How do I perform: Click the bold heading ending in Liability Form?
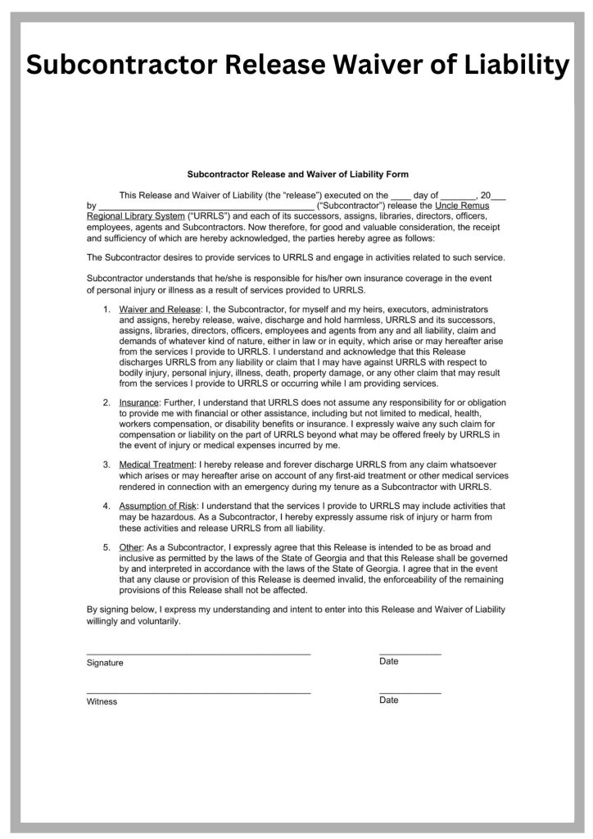pos(297,175)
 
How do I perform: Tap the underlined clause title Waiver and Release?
pos(160,310)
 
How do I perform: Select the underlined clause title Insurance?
pos(138,403)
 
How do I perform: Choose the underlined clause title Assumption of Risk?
pos(158,506)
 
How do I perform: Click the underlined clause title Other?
pos(131,547)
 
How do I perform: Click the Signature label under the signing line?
pos(105,663)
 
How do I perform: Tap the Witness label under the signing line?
pos(102,701)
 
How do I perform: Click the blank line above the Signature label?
pos(198,654)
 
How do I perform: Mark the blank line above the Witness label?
pos(198,693)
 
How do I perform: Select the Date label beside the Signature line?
pos(389,661)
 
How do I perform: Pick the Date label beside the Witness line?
pos(389,701)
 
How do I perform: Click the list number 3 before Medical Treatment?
pos(106,465)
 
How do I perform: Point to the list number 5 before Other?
pos(106,547)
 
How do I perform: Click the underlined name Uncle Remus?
pos(462,206)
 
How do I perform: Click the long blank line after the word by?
pos(206,207)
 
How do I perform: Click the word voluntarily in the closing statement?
pos(154,621)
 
